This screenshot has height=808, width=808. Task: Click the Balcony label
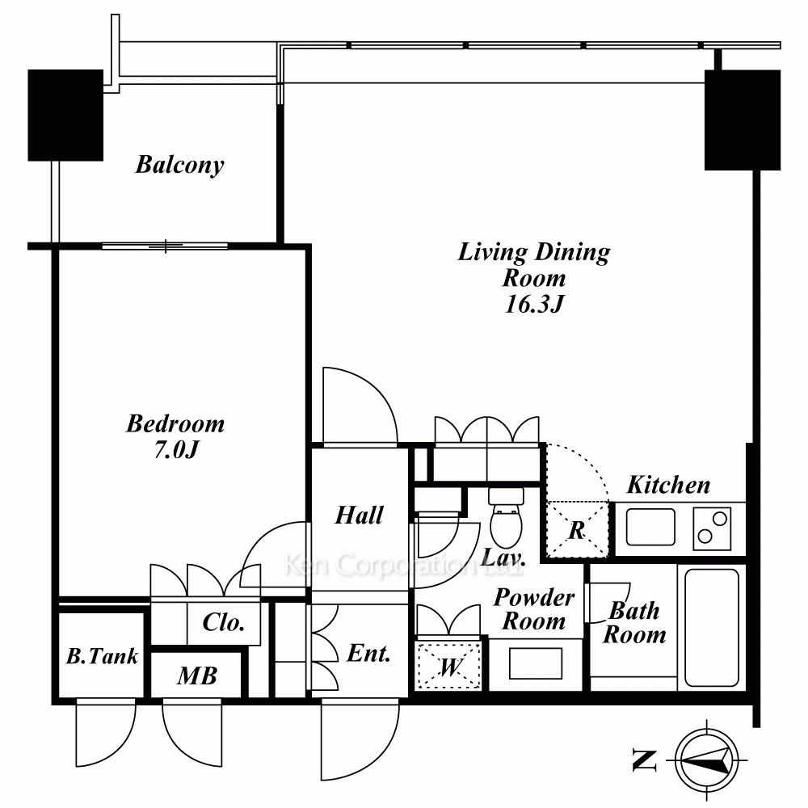179,165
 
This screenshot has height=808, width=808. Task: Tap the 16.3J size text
534,304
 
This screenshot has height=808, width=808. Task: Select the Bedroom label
175,423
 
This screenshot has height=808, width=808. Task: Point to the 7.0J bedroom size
175,450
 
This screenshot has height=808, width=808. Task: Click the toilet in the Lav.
506,517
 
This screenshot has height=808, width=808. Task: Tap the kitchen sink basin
650,527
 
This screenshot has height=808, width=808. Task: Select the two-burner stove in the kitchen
712,528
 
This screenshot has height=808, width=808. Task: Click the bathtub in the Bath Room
712,628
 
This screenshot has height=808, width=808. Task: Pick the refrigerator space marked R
577,529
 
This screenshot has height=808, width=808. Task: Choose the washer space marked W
448,667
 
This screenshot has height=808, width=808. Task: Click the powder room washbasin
536,663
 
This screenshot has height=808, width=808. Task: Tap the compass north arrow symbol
706,760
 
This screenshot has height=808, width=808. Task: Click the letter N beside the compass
644,760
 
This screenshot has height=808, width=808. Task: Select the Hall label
360,515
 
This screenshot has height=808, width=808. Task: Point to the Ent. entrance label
368,654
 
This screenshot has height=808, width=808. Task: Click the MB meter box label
197,675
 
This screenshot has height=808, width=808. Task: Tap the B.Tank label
102,656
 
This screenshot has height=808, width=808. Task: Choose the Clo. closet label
223,622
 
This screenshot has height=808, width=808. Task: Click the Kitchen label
668,485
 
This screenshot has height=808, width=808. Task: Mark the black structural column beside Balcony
65,116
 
